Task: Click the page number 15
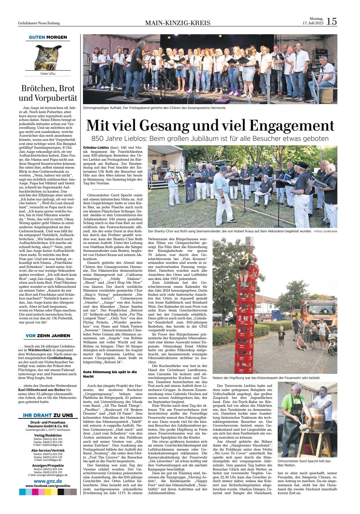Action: pyautogui.click(x=332, y=21)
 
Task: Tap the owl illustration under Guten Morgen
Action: pyautogui.click(x=48, y=56)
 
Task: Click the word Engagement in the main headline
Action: pyautogui.click(x=292, y=126)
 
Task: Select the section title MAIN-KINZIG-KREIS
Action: pyautogui.click(x=178, y=23)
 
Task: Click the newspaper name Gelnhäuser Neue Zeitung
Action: pyautogui.click(x=39, y=23)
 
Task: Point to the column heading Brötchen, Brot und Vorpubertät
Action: pyautogui.click(x=48, y=93)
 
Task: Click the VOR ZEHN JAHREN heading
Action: pyautogui.click(x=48, y=335)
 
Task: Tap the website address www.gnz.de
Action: pyautogui.click(x=48, y=481)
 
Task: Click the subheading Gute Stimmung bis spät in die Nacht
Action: pyautogui.click(x=106, y=374)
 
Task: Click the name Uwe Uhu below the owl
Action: pyautogui.click(x=48, y=74)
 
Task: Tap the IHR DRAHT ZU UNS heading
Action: pyautogui.click(x=48, y=415)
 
